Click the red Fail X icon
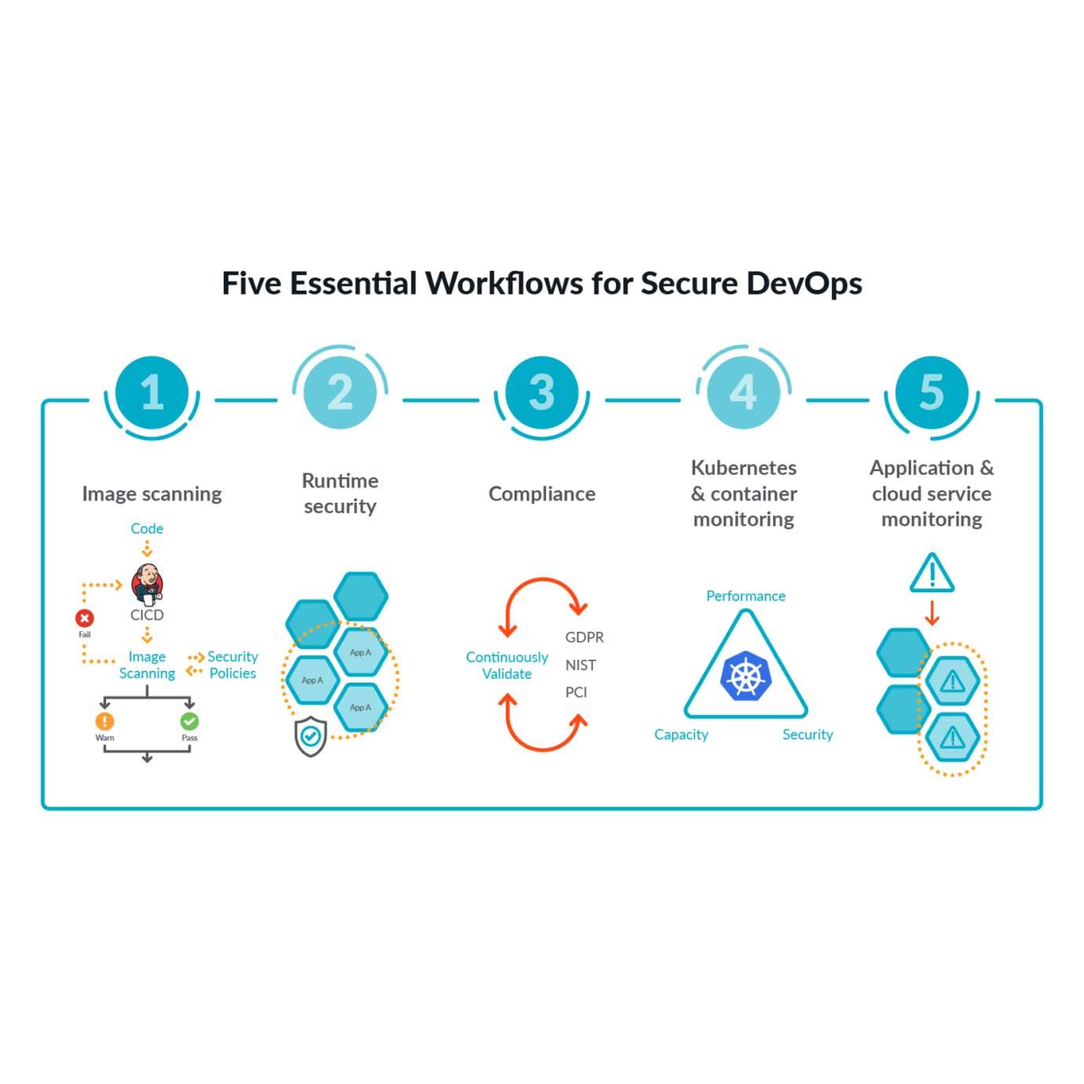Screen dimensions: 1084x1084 [x=85, y=618]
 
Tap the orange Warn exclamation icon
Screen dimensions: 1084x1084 [x=104, y=721]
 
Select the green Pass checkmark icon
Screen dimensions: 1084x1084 [x=189, y=721]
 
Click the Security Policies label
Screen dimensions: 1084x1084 [x=233, y=665]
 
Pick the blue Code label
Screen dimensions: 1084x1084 [x=147, y=529]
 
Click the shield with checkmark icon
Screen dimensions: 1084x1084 [x=310, y=736]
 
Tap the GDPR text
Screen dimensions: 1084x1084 [x=584, y=637]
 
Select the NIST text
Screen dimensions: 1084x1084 [x=580, y=665]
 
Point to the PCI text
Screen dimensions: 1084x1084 [x=576, y=693]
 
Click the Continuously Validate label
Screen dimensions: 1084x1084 [x=507, y=665]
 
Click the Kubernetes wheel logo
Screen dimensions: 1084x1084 [x=745, y=676]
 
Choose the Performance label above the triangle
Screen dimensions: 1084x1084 [x=745, y=596]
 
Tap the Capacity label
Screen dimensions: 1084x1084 [x=681, y=734]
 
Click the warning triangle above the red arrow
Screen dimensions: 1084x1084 [x=932, y=573]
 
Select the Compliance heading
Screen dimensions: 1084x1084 [x=542, y=494]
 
